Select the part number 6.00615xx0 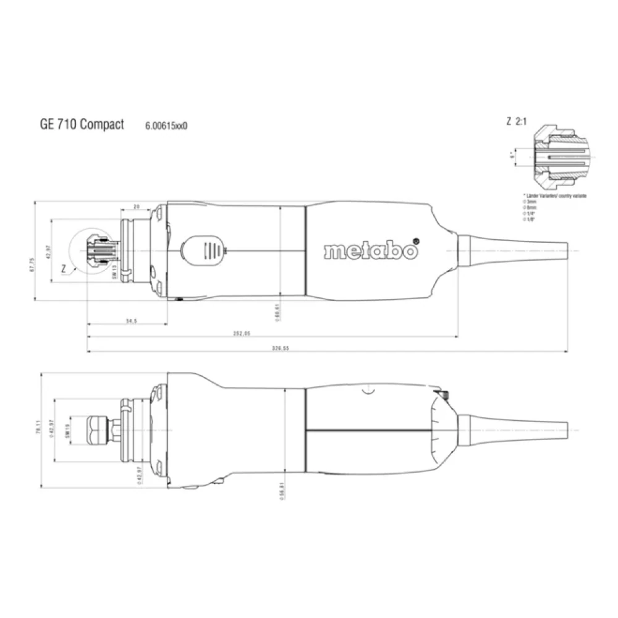(x=166, y=125)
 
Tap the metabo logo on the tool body (x=371, y=250)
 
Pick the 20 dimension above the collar (x=137, y=206)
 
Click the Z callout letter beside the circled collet (x=64, y=269)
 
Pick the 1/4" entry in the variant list (x=531, y=215)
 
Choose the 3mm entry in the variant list (x=531, y=202)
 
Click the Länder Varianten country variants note (x=554, y=195)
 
